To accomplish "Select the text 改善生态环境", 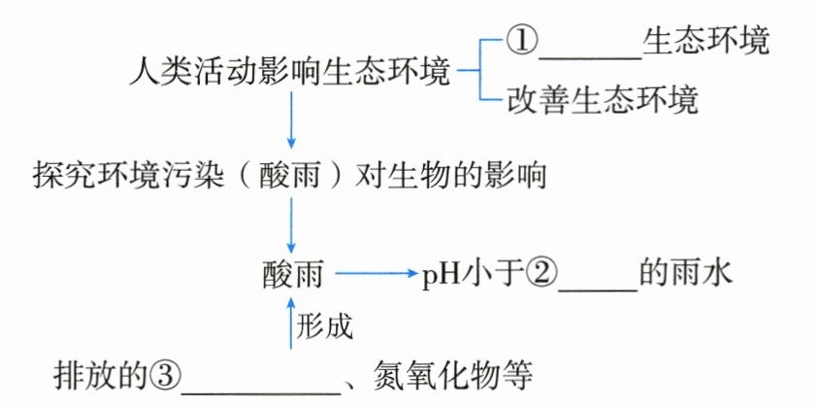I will click(603, 100).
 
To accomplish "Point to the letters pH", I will click(438, 276).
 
